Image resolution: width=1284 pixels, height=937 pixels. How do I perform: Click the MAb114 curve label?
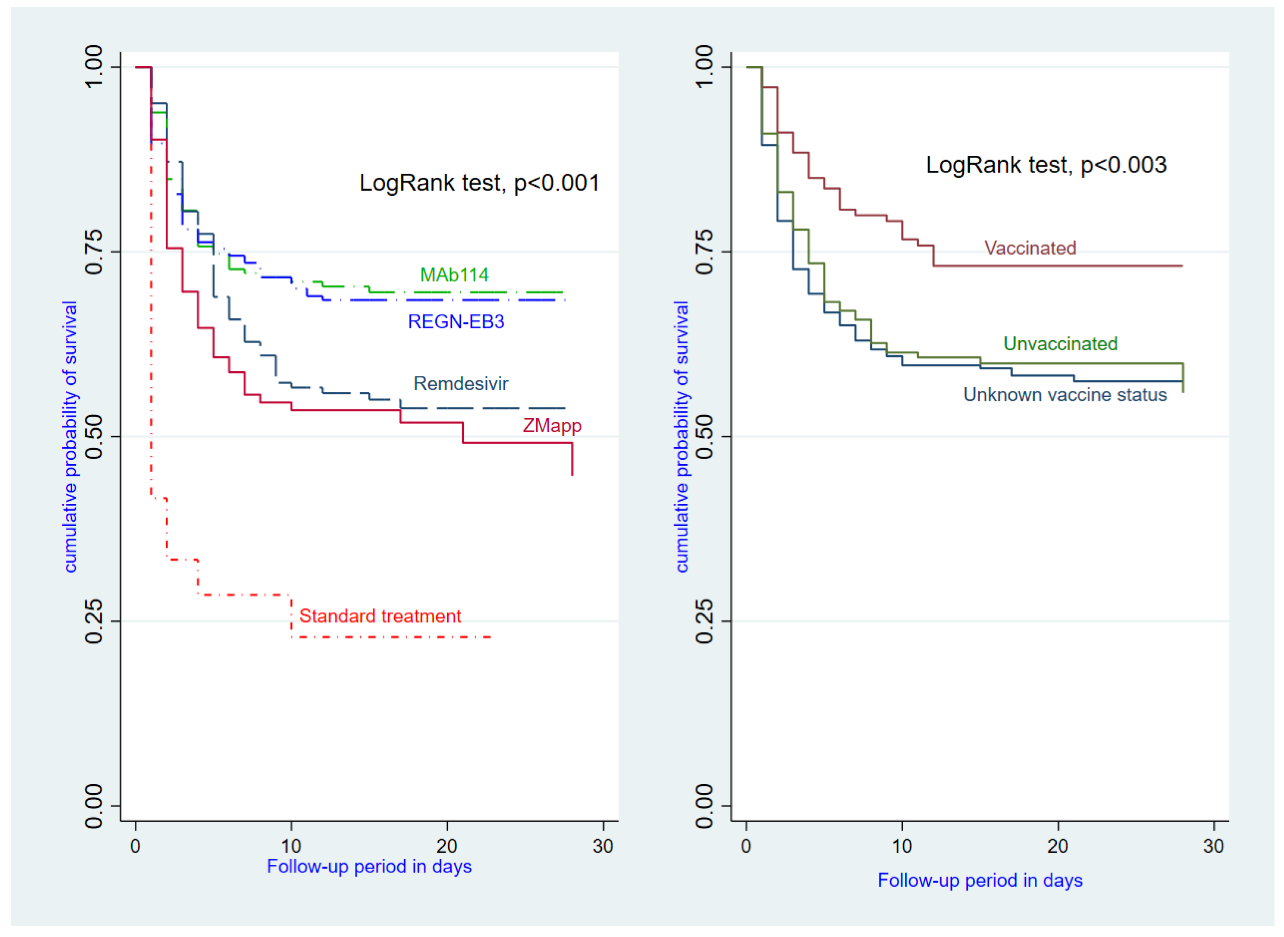454,275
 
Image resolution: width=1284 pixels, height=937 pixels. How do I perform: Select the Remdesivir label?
461,384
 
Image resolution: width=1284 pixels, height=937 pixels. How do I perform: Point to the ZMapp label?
551,426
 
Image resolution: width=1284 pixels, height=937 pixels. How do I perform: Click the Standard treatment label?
380,616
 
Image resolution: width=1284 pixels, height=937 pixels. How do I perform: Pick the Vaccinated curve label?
1030,248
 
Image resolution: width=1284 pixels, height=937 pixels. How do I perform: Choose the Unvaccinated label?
1060,344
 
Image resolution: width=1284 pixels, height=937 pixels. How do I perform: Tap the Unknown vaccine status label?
1065,395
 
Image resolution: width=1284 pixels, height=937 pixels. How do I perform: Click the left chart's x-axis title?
369,867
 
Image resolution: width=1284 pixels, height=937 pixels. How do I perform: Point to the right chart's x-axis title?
980,880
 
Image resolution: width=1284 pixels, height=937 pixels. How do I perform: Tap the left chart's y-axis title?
70,437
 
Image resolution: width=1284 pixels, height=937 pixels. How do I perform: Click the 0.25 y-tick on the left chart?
93,621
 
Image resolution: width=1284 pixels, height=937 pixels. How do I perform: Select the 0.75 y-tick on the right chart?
704,251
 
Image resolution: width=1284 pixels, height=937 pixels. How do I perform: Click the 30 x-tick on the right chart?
1214,846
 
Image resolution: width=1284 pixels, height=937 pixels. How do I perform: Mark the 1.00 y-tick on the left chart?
93,67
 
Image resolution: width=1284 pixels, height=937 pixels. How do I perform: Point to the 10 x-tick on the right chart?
902,846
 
